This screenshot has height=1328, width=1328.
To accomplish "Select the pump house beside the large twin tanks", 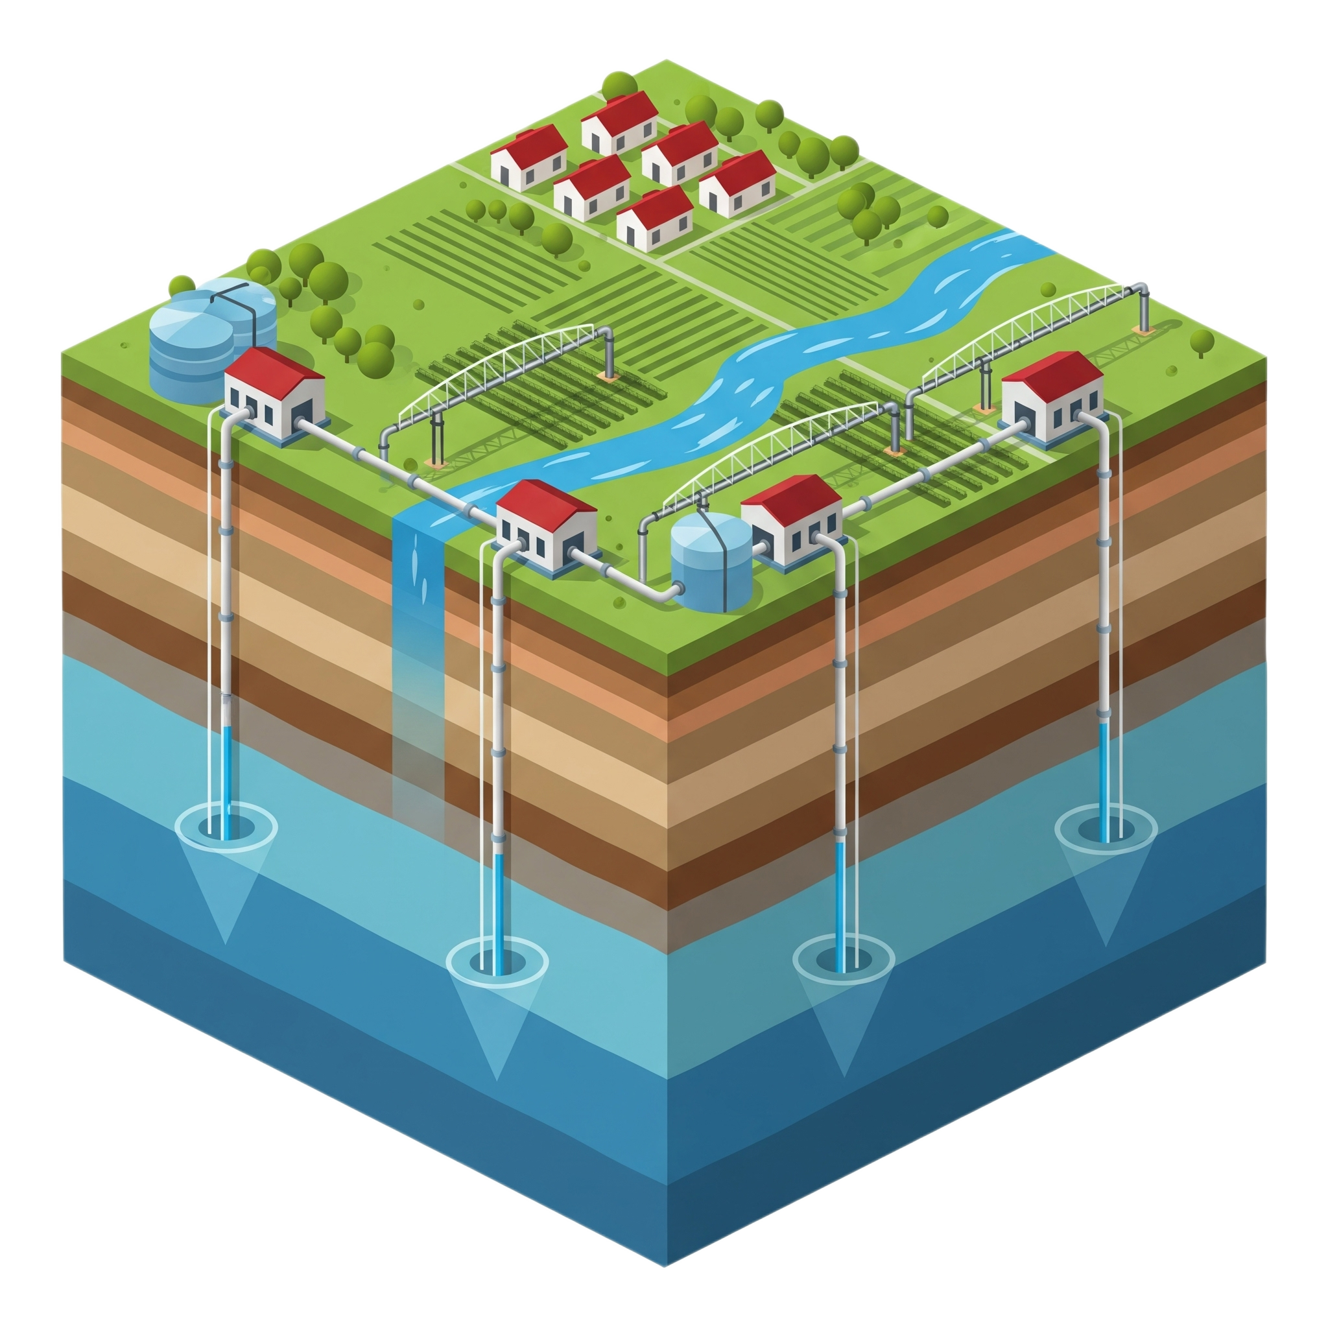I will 275,396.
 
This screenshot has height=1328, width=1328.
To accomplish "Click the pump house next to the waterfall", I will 547,526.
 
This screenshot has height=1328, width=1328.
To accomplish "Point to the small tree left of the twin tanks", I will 182,285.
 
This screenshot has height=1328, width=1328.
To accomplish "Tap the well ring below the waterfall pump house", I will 497,959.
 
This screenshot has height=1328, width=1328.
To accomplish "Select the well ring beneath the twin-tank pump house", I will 227,825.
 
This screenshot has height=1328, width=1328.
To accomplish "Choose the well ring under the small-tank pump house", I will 844,959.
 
